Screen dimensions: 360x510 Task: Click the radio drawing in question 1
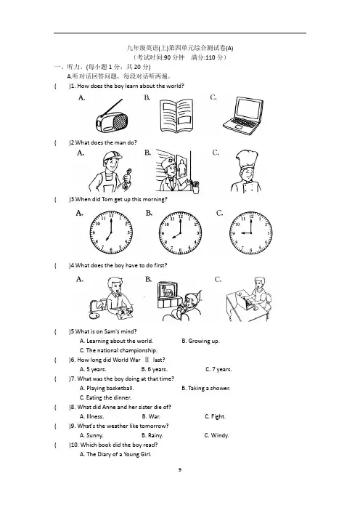click(x=112, y=118)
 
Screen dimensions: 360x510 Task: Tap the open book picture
click(x=176, y=116)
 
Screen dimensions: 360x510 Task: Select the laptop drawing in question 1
click(x=243, y=116)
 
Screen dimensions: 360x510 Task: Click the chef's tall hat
click(x=247, y=160)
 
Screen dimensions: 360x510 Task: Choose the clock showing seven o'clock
click(x=111, y=233)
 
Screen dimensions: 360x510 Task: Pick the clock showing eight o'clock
click(x=180, y=233)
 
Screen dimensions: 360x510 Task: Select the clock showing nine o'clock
click(x=251, y=233)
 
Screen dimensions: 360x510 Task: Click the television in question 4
click(x=168, y=295)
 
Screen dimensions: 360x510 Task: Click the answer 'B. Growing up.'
click(x=200, y=341)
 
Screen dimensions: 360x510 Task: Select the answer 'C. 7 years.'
click(x=218, y=369)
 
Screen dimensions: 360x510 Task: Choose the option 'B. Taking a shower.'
click(x=206, y=388)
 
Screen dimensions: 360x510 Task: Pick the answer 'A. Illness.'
click(x=92, y=416)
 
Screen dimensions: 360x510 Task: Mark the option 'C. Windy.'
click(x=216, y=435)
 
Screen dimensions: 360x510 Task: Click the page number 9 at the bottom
click(x=180, y=469)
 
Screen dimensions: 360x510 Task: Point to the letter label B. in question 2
click(x=147, y=153)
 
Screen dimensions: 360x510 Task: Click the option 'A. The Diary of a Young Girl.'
click(x=115, y=454)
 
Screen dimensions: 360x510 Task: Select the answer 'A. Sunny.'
click(x=91, y=435)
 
